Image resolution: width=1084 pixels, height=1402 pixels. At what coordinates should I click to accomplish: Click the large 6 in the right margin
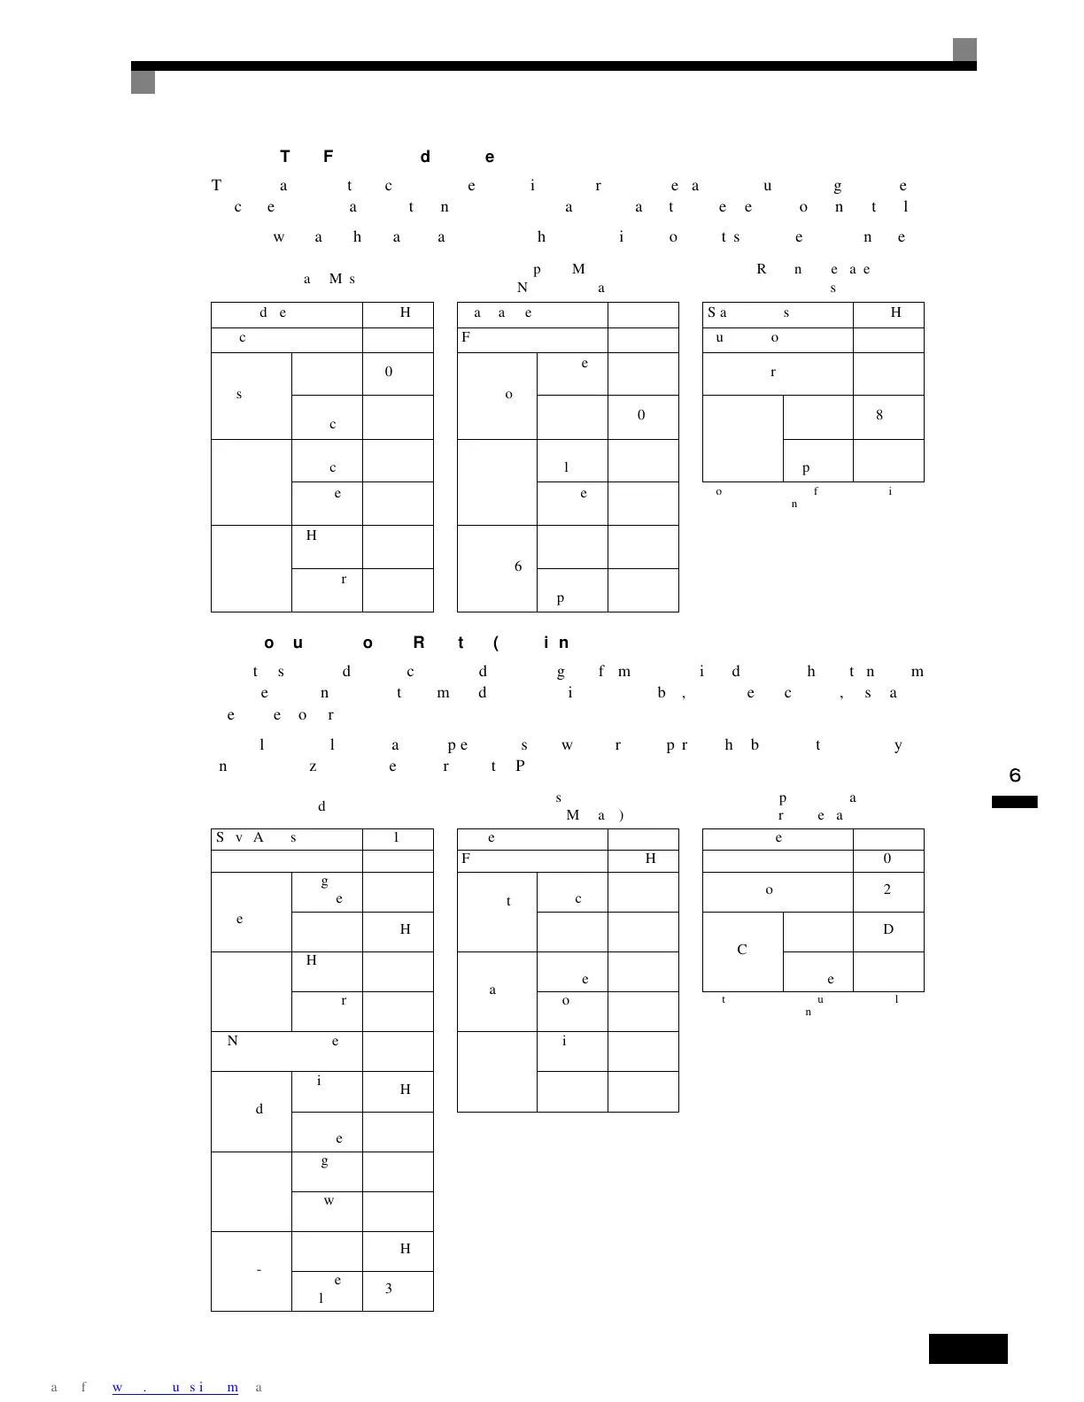(x=1015, y=776)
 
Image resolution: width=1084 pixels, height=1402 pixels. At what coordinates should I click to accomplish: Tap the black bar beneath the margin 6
(x=1014, y=802)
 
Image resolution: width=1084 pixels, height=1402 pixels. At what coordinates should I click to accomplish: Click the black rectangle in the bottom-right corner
(x=968, y=1349)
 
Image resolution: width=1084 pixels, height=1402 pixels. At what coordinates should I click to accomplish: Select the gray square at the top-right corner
(x=964, y=50)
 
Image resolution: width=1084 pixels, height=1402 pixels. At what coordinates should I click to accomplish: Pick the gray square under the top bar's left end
(x=143, y=82)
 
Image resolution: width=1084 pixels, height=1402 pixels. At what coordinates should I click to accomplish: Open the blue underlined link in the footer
(x=175, y=1387)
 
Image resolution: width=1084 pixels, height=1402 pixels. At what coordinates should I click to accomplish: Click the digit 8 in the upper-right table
(x=879, y=415)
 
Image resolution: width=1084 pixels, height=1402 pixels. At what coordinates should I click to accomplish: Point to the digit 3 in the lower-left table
(x=389, y=1289)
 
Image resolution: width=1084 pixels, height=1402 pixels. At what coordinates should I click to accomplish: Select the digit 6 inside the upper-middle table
(x=518, y=566)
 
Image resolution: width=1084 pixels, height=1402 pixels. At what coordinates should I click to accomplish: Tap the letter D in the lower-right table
(x=888, y=929)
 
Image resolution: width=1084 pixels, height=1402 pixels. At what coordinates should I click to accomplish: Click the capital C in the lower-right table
(x=742, y=950)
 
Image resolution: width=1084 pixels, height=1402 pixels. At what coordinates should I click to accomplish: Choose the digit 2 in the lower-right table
(x=887, y=890)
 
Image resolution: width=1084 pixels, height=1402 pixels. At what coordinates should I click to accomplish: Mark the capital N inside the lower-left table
(x=233, y=1041)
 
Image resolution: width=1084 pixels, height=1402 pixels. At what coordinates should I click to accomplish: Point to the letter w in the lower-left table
(x=329, y=1201)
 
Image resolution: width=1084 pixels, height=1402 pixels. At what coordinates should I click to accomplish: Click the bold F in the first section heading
(x=329, y=157)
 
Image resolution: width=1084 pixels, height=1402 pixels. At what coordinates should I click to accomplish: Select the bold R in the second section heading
(x=419, y=643)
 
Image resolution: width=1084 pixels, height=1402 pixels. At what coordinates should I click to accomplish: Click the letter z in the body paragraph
(x=314, y=766)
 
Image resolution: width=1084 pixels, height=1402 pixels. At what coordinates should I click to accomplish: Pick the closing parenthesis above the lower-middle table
(x=623, y=815)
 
